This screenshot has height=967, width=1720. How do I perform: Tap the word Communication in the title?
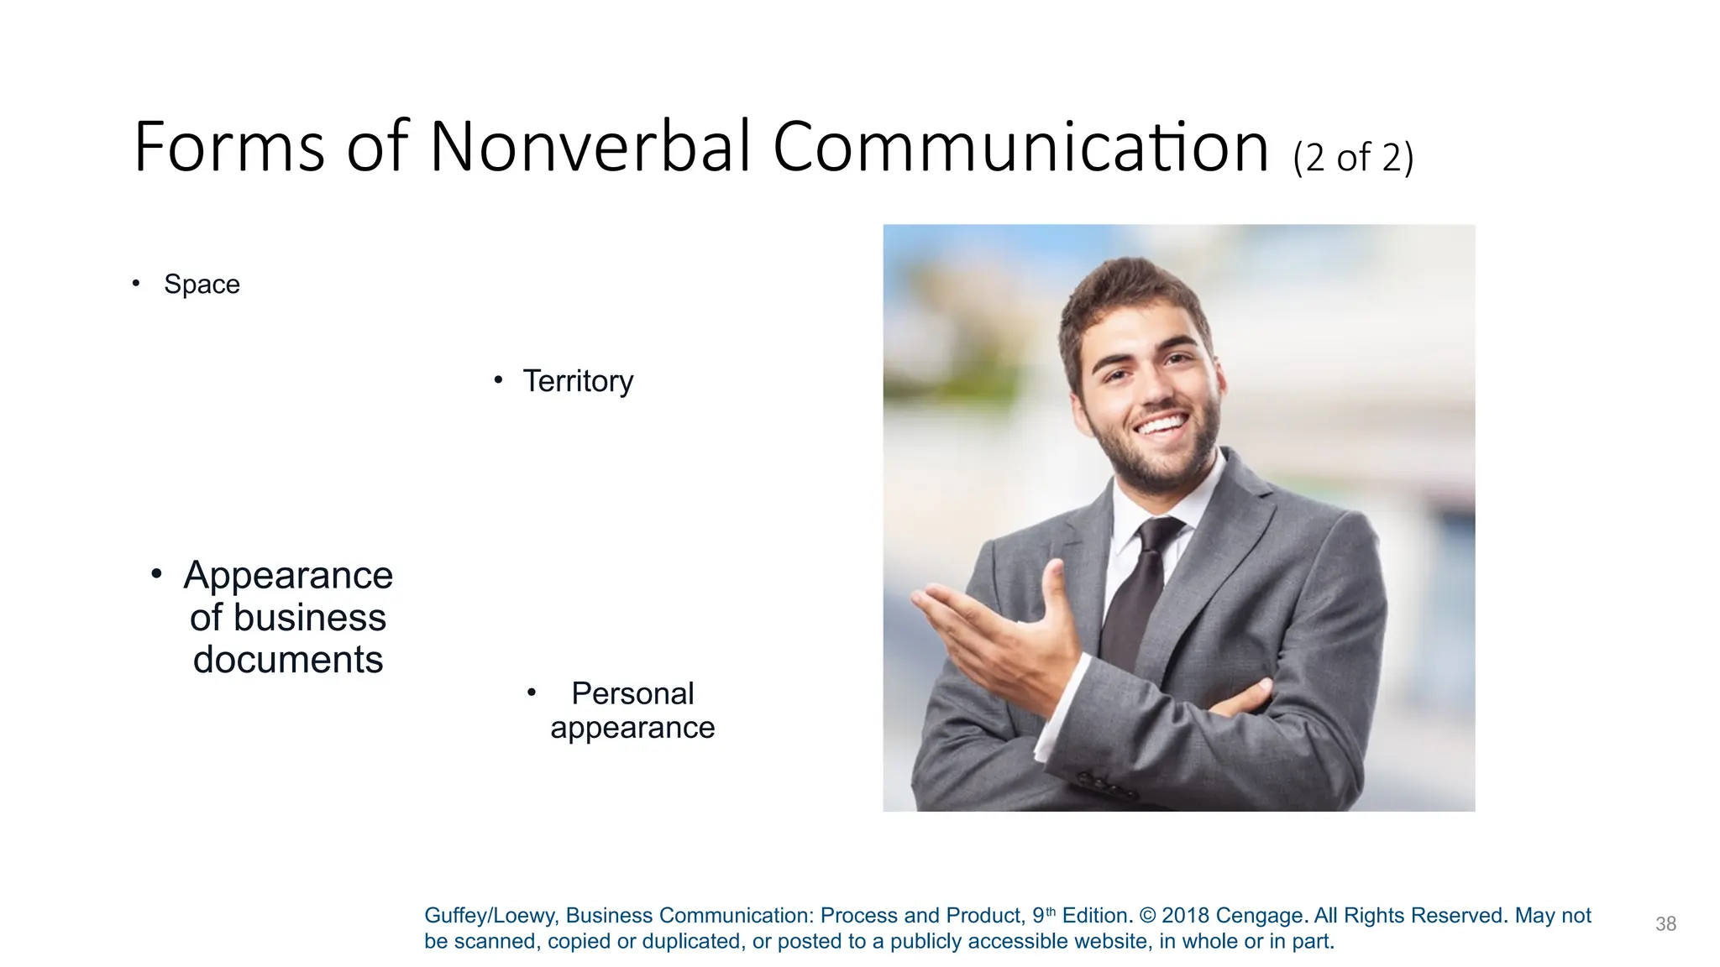(x=1020, y=147)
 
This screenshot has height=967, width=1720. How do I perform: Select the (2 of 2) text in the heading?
(x=1353, y=158)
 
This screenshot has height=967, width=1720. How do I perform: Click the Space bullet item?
(x=202, y=285)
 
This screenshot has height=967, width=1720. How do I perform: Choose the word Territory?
(x=578, y=381)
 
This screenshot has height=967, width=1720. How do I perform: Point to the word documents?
(x=288, y=660)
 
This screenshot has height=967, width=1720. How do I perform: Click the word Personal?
(x=632, y=693)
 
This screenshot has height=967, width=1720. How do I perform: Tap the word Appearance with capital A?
(x=288, y=576)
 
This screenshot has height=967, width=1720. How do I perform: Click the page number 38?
(x=1665, y=924)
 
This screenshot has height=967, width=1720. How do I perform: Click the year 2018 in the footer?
(x=1185, y=916)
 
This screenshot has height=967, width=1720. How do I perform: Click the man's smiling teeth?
(x=1162, y=424)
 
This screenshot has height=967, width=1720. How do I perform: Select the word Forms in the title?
(x=228, y=147)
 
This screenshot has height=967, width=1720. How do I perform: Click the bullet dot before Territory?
(x=498, y=380)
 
